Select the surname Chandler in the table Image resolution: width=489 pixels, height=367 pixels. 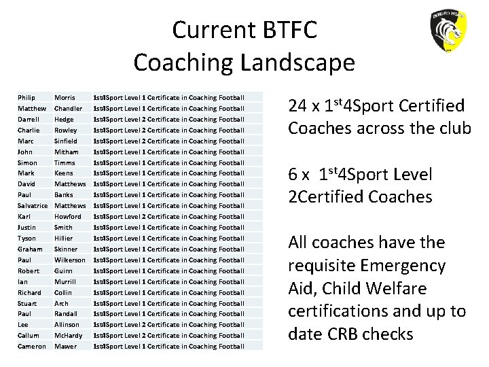(69, 109)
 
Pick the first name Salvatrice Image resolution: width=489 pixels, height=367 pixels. (33, 206)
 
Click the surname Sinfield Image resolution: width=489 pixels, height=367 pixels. (67, 141)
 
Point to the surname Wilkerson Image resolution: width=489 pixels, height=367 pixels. (70, 260)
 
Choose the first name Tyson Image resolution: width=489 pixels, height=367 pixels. (27, 239)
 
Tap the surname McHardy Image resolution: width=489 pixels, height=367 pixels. (68, 336)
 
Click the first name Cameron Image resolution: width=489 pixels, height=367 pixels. (32, 347)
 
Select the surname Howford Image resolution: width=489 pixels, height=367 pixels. (68, 217)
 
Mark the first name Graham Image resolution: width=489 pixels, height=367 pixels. (30, 249)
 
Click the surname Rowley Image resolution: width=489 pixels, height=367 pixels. (66, 130)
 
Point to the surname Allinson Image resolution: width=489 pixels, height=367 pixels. (67, 325)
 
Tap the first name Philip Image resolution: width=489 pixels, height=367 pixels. (26, 98)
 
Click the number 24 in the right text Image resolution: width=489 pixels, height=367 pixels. (297, 106)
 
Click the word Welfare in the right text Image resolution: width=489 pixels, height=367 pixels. (404, 289)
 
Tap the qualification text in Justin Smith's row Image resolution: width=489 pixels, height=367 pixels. (168, 228)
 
